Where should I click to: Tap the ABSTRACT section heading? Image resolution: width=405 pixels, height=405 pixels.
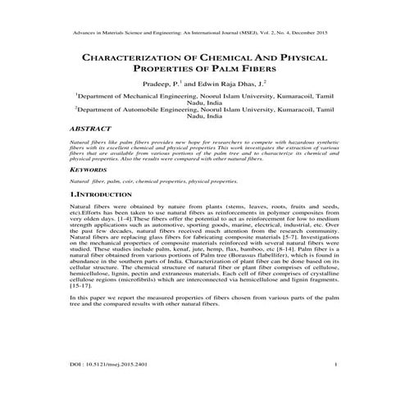[93, 129]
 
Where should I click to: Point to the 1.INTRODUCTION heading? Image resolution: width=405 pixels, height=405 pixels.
[107, 195]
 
